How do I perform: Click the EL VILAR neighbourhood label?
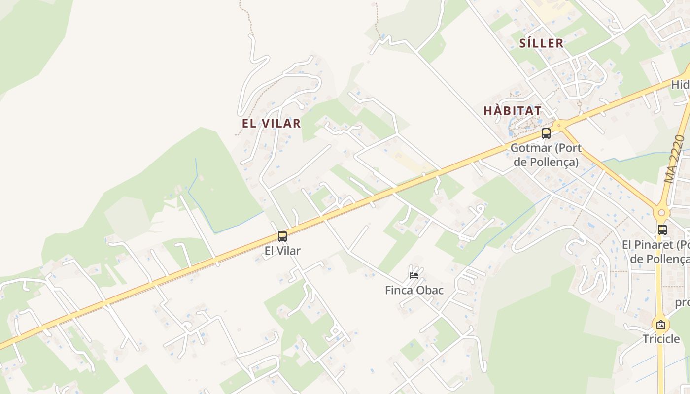tap(271, 123)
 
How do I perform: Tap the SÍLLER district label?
tap(541, 43)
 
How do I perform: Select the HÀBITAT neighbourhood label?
tap(513, 111)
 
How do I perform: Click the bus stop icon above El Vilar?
tap(282, 236)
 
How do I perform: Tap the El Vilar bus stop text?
tap(282, 251)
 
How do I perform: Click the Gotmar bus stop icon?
tap(546, 133)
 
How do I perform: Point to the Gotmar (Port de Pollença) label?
tap(546, 155)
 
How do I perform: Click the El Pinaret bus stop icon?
tap(662, 230)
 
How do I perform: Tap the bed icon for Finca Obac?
tap(414, 275)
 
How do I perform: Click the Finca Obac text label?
tap(414, 290)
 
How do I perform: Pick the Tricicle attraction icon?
tap(661, 325)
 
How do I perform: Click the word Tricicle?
tap(661, 339)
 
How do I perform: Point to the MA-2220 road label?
tap(674, 159)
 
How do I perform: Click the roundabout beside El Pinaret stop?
tap(661, 213)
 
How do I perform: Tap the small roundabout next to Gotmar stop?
tap(558, 126)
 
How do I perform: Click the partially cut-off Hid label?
tap(680, 85)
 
